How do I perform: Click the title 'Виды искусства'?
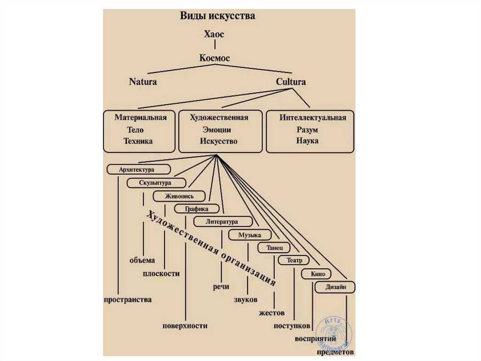coord(217,16)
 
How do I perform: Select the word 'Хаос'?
coord(214,34)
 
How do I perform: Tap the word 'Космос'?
coord(214,58)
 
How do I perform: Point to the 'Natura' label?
coord(143,82)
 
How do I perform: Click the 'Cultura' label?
coord(291,82)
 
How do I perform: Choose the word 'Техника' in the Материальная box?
coord(138,141)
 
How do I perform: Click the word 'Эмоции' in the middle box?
coord(217,130)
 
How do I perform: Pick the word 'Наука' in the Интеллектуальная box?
coord(307,141)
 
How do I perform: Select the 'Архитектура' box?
coord(139,169)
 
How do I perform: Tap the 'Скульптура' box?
coord(156,183)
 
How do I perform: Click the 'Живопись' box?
coord(179,196)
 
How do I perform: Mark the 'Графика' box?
coord(197,209)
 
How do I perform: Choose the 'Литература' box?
coord(223,222)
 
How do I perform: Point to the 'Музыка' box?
coord(250,235)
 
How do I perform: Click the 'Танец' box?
coord(274,248)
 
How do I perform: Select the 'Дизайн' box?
coord(335,287)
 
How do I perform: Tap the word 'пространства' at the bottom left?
coord(128,300)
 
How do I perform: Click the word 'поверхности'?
coord(185,326)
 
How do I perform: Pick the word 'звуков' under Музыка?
coord(245,299)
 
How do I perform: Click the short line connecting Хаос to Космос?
coord(215,45)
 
